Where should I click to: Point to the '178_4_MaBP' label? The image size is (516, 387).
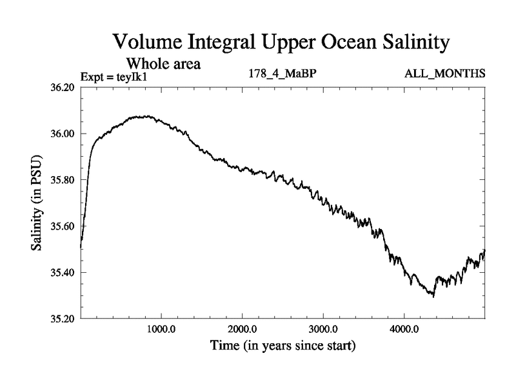tap(283, 74)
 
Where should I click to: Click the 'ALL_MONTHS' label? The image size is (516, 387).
tap(444, 74)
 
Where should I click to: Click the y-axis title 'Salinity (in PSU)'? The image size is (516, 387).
tap(37, 203)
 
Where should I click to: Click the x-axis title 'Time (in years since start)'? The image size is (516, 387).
tap(283, 346)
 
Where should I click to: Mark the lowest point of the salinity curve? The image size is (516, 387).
tap(433, 297)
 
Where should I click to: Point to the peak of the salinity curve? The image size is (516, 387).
tap(148, 116)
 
